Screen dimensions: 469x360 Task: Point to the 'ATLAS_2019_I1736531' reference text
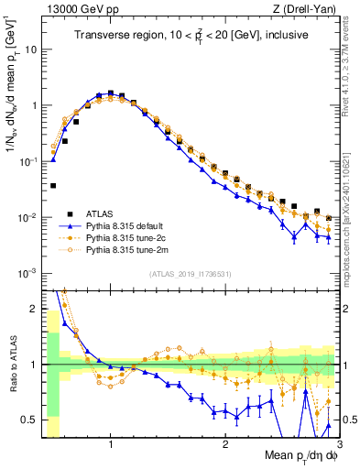pos(191,275)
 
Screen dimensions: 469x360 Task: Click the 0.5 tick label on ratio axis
pos(27,420)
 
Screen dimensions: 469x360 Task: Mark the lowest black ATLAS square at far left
pos(53,185)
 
